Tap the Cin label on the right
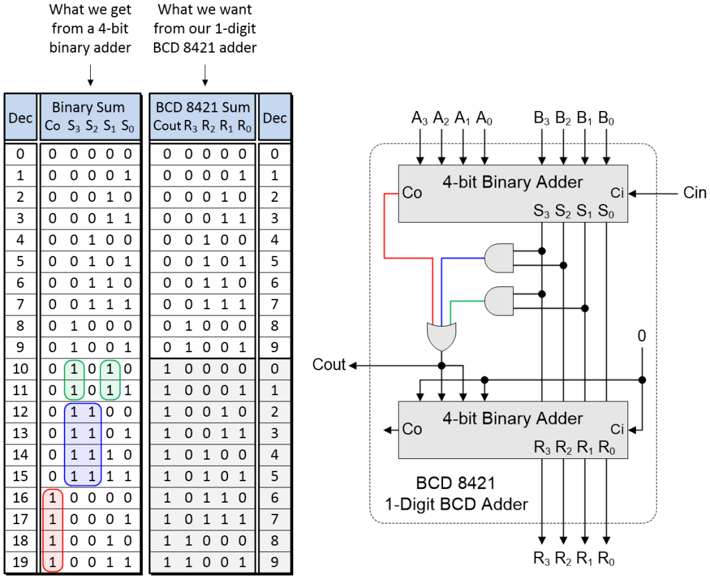[x=694, y=193]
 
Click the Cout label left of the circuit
[x=329, y=365]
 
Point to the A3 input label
[x=419, y=118]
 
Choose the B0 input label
[x=607, y=118]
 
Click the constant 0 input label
[x=641, y=336]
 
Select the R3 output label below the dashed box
[x=542, y=558]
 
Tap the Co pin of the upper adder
[x=412, y=193]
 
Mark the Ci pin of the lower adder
[x=618, y=429]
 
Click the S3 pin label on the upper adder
[x=542, y=210]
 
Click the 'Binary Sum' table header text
[x=89, y=107]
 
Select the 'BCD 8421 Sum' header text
[x=202, y=107]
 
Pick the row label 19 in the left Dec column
[x=20, y=562]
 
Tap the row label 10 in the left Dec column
[x=20, y=370]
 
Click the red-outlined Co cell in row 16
[x=53, y=498]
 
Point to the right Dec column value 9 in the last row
[x=275, y=562]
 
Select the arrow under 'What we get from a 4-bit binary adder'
[x=89, y=73]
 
